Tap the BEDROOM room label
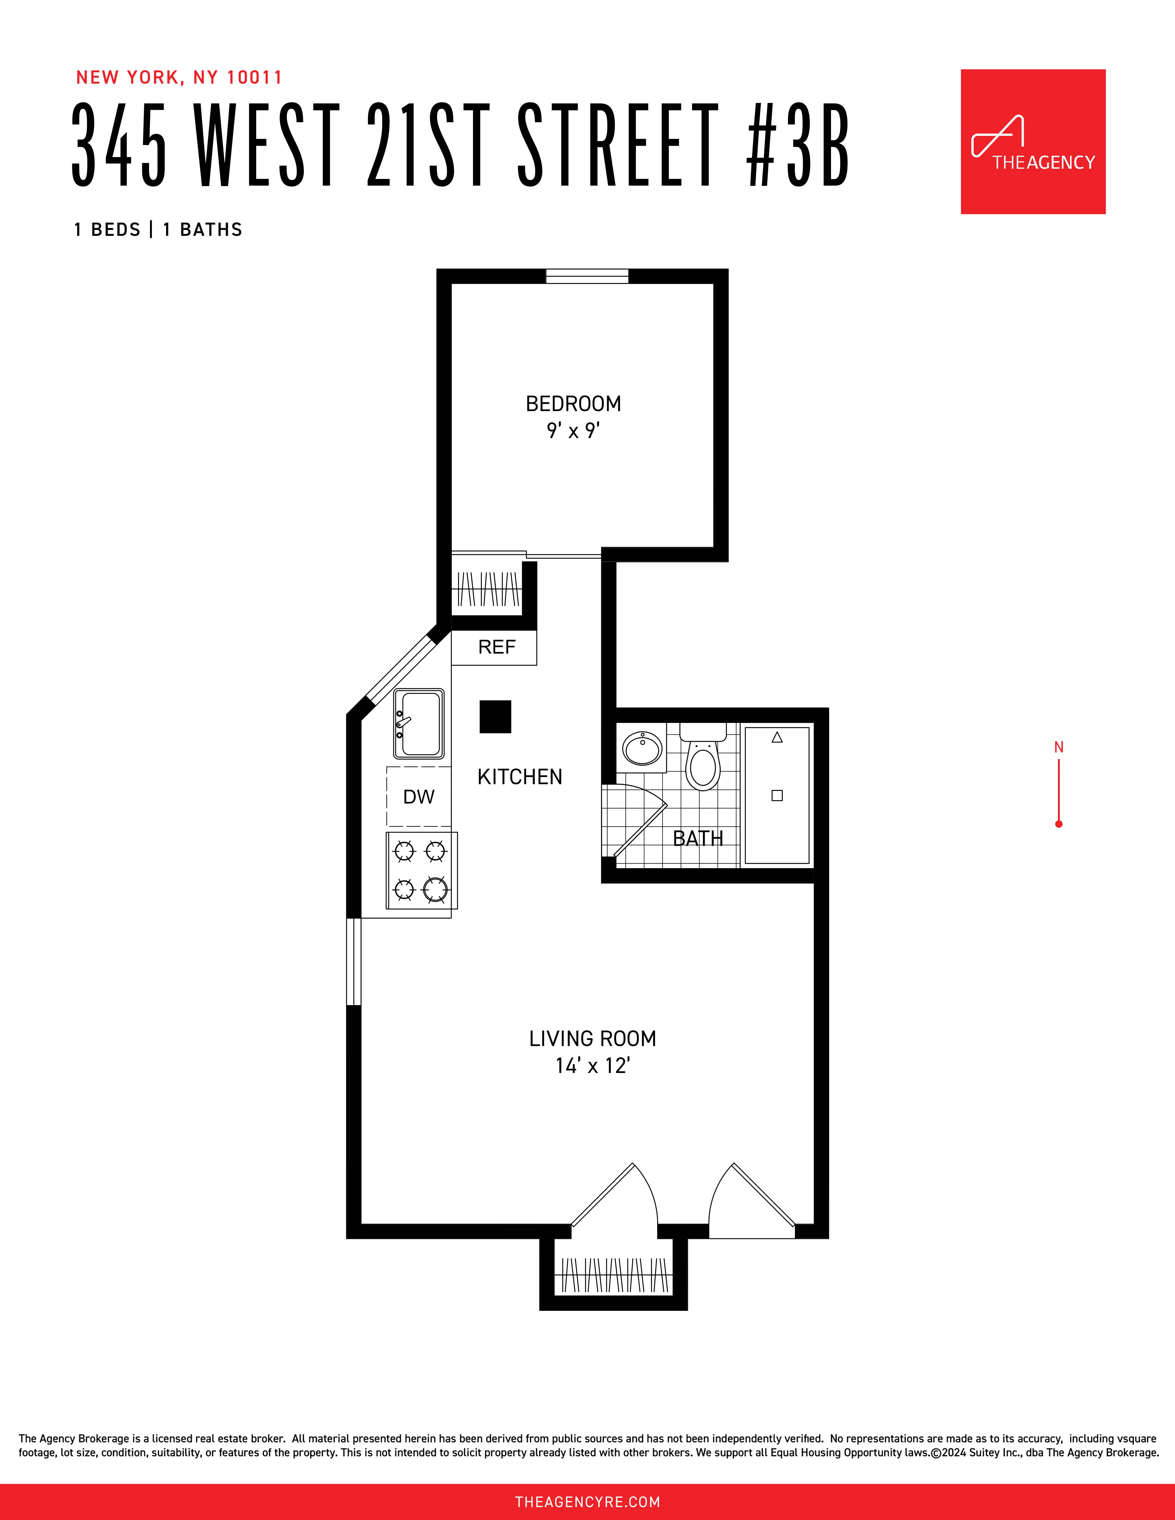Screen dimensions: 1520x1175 (x=573, y=404)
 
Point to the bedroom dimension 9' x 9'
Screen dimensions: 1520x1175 (x=573, y=431)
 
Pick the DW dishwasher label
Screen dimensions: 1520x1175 (x=418, y=797)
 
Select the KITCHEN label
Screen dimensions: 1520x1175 (x=519, y=777)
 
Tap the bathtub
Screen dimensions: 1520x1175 (x=777, y=795)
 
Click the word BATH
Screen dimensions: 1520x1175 (x=697, y=839)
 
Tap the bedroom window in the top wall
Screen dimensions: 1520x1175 (x=587, y=276)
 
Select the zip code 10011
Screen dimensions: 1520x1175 (x=255, y=77)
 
